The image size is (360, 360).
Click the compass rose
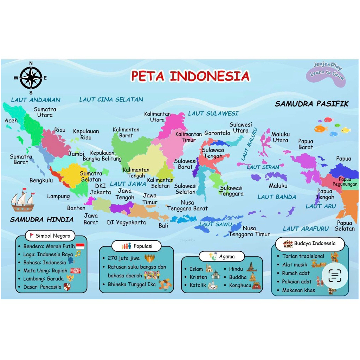tap(31, 78)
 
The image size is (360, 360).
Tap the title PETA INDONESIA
tap(190, 76)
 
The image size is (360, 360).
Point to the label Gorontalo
tap(217, 133)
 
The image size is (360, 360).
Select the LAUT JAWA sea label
tap(128, 184)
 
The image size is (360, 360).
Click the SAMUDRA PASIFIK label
tap(311, 104)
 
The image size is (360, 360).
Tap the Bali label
tap(163, 226)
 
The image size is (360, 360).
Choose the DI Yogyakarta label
tap(126, 223)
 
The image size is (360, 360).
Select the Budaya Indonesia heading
tap(309, 243)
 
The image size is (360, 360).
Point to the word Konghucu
tap(240, 285)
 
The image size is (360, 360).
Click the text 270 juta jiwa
tap(124, 258)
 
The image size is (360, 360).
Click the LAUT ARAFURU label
tap(306, 229)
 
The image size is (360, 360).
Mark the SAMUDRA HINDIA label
tap(42, 219)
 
